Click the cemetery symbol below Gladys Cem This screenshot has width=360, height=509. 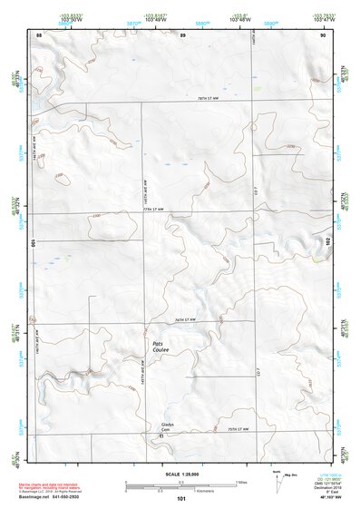pyautogui.click(x=162, y=436)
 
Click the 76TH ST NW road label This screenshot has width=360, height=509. pyautogui.click(x=186, y=319)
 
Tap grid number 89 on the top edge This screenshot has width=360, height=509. pyautogui.click(x=183, y=34)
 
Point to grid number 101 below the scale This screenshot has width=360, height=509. pyautogui.click(x=181, y=499)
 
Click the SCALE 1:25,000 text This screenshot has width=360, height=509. pyautogui.click(x=180, y=474)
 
